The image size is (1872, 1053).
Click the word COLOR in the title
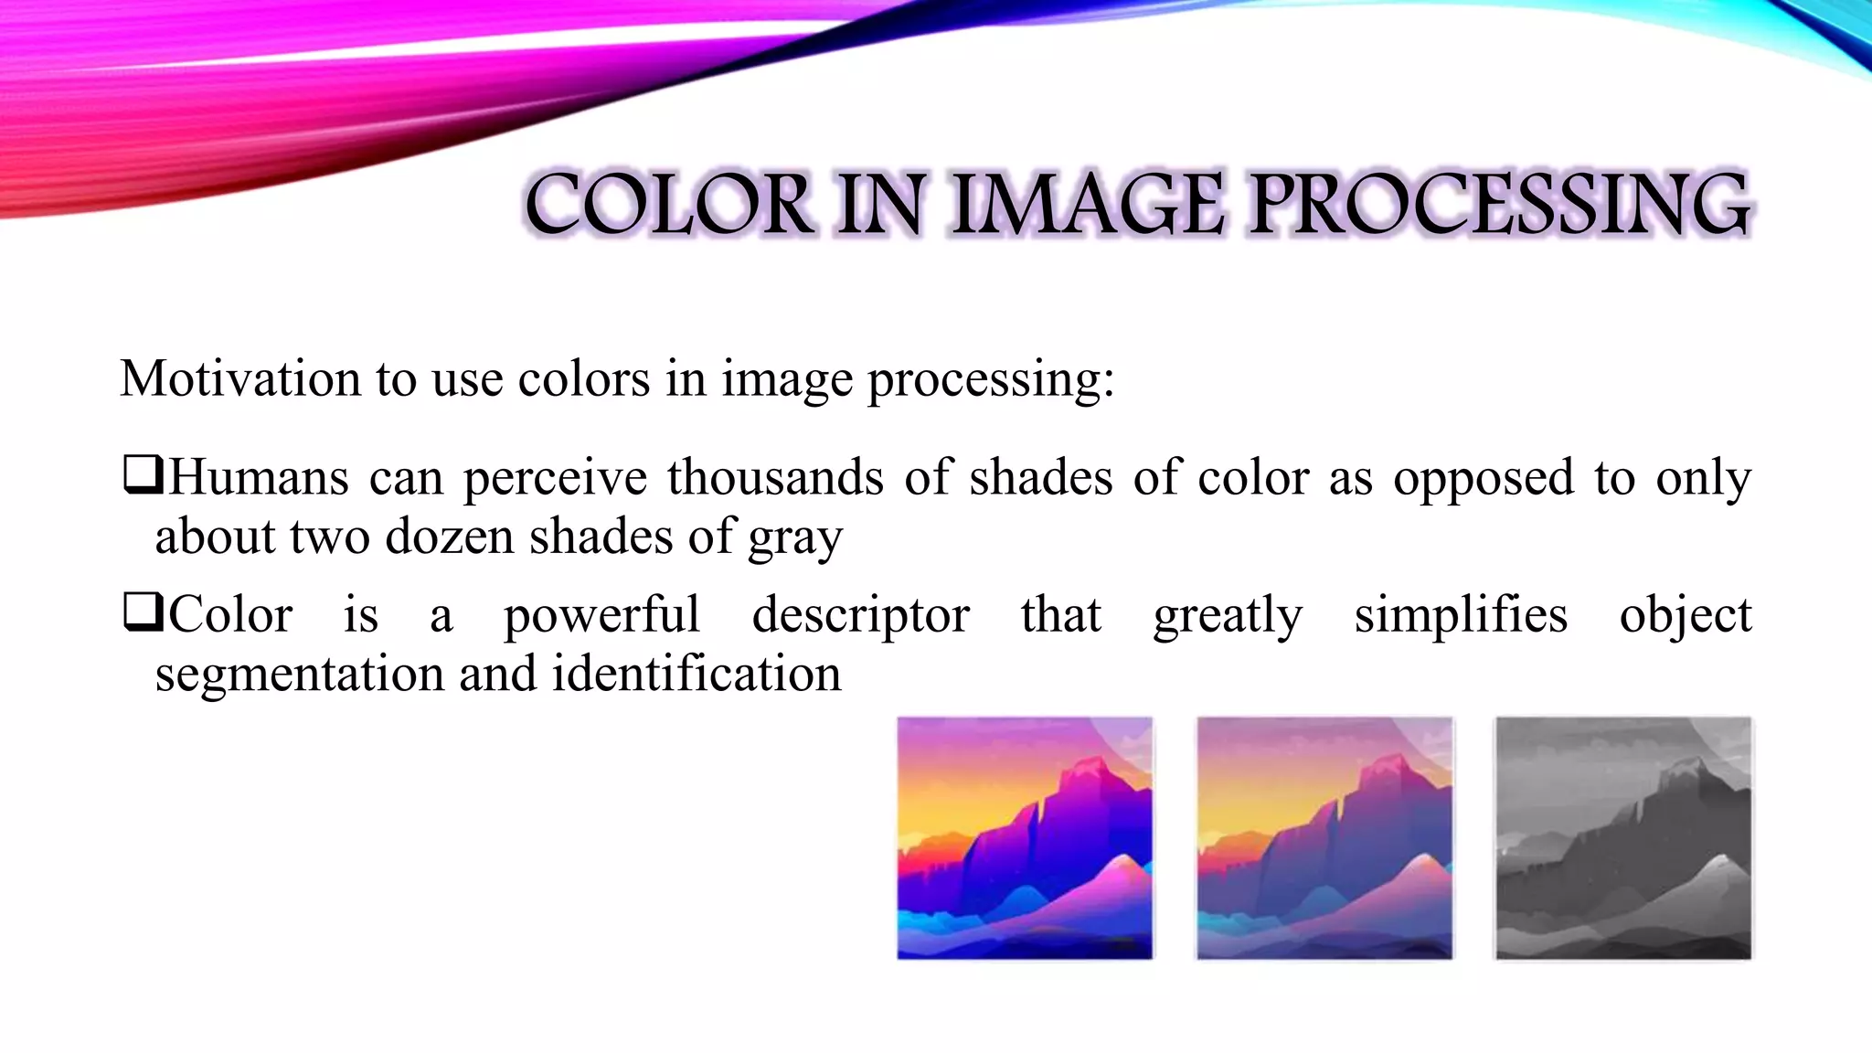[668, 205]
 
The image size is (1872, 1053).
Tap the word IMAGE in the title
[1088, 205]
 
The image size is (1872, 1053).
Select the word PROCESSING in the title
[1499, 205]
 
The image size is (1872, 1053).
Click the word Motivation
[240, 378]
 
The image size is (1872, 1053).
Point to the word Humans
[259, 477]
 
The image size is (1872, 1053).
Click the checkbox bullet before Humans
[142, 476]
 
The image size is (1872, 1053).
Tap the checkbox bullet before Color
[142, 613]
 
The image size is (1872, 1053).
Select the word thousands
[775, 477]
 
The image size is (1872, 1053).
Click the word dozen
[449, 537]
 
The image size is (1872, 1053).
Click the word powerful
[602, 614]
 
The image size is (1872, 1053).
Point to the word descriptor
[860, 614]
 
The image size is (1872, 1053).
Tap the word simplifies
[1461, 614]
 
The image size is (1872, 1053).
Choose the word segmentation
[300, 675]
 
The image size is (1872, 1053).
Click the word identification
[696, 674]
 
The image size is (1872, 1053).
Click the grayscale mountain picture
[1623, 838]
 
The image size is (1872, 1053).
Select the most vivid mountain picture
[1025, 838]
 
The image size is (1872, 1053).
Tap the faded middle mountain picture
[1324, 838]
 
